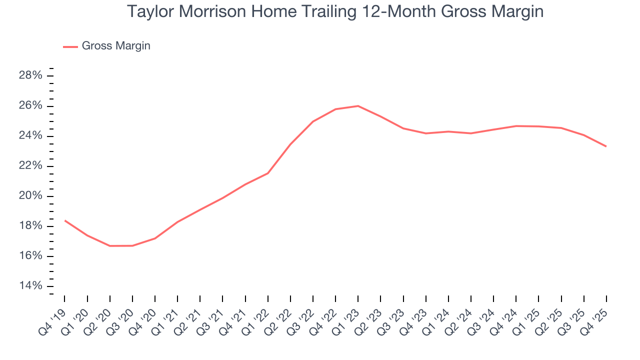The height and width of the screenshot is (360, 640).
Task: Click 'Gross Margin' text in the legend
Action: click(x=116, y=46)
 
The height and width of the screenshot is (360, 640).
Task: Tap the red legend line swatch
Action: click(x=70, y=46)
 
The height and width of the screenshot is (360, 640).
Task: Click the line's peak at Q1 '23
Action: click(x=358, y=106)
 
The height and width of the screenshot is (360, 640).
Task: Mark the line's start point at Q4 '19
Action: click(x=65, y=220)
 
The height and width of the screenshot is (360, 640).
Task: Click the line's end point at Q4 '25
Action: click(x=606, y=146)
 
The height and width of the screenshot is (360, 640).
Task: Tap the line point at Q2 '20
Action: click(x=110, y=246)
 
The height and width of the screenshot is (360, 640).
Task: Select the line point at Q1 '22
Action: click(x=268, y=173)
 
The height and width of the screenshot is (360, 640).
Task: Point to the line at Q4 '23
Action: click(x=426, y=133)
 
